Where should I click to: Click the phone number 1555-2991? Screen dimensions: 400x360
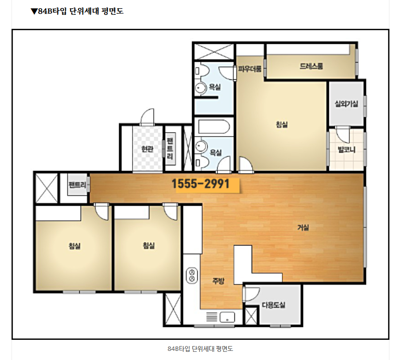pos(201,184)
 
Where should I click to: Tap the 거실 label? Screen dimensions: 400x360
pos(303,227)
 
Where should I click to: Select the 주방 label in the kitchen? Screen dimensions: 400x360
pos(218,281)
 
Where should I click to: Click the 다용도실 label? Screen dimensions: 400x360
pos(274,305)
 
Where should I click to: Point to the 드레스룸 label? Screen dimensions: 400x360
pos(311,66)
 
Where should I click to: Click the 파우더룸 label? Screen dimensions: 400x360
pos(250,69)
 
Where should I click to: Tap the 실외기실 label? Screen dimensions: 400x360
pos(346,104)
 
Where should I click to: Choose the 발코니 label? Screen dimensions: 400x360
pos(346,149)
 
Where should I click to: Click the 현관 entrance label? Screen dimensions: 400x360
pos(147,149)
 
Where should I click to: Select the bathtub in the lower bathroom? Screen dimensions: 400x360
pos(214,126)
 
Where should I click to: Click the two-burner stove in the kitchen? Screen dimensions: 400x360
pos(192,275)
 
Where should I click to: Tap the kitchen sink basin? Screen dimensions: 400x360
pos(227,317)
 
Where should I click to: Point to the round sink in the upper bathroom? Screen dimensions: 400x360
pos(201,88)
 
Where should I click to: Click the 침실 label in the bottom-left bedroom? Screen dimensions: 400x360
pos(74,246)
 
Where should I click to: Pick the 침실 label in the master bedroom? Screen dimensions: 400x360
pos(281,124)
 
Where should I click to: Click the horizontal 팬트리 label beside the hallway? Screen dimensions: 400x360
pos(77,185)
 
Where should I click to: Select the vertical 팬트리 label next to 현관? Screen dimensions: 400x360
pos(170,149)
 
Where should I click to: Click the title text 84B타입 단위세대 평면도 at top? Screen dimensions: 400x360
pos(77,11)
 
